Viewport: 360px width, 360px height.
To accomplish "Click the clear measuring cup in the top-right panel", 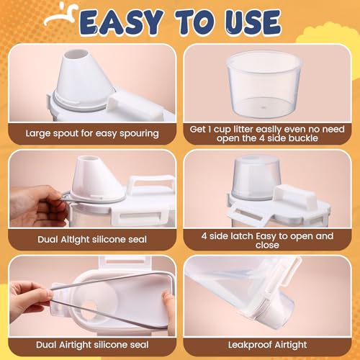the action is (x=264, y=84).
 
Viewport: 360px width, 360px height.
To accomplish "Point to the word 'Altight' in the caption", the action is (x=75, y=240).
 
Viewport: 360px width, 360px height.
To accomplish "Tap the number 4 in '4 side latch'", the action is (x=204, y=236).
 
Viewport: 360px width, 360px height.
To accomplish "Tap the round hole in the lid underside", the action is (x=89, y=307).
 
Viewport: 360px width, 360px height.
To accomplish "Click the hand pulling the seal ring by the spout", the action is (x=38, y=206).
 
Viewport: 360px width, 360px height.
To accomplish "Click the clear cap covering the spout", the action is (x=256, y=178).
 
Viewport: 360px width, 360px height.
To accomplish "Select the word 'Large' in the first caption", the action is (x=37, y=134).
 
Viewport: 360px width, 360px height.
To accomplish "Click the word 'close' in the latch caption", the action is (x=267, y=246).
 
